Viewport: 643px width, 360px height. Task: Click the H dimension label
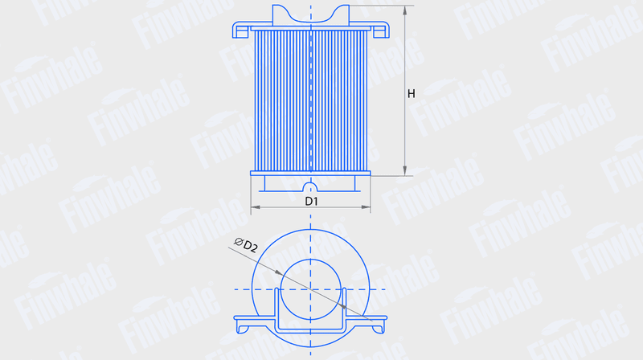pos(411,94)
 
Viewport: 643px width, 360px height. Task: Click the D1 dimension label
pos(312,201)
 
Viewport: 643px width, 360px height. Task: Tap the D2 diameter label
pos(250,247)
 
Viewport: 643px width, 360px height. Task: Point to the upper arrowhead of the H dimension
pos(405,10)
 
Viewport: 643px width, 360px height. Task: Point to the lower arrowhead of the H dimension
pos(405,171)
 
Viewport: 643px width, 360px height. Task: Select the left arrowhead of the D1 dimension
pos(255,207)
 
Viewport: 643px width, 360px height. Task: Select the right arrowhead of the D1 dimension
pos(366,207)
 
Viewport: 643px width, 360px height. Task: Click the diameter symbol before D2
pos(238,242)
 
